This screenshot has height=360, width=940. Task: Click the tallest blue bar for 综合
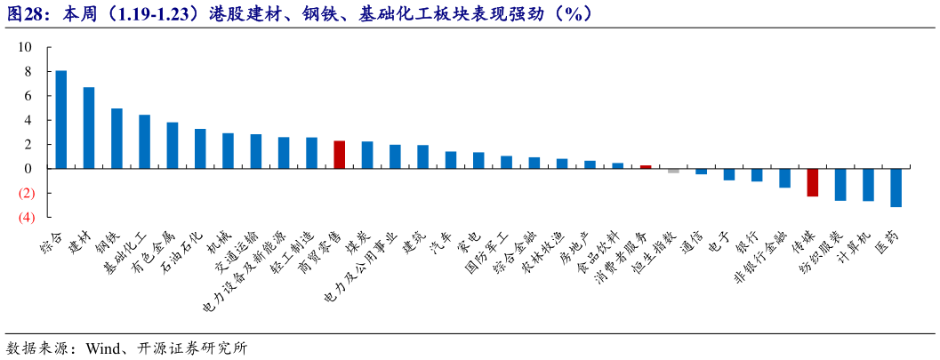coord(60,119)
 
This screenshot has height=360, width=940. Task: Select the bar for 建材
coord(89,127)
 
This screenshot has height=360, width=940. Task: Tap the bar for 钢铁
coord(116,138)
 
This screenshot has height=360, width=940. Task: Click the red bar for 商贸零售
coord(339,155)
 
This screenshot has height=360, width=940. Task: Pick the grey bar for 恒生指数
coord(673,171)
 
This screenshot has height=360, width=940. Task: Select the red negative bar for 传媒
coord(812,182)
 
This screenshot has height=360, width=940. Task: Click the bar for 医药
coord(896,188)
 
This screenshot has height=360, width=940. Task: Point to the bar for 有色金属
coord(173,145)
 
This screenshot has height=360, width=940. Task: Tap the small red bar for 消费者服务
coord(646,166)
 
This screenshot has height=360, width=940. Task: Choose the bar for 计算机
coord(868,184)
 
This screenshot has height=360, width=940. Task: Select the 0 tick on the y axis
coord(28,168)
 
